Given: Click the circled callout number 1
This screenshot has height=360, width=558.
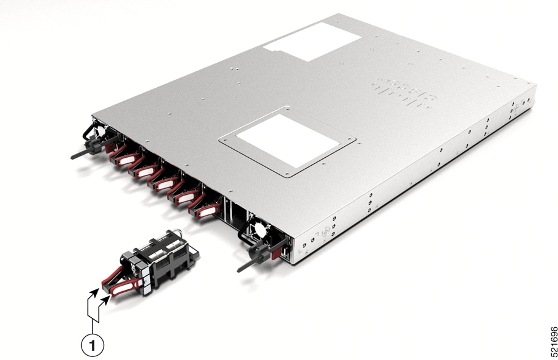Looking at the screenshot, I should point(93,345).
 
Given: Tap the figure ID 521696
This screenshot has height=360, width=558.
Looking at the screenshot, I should point(553,341).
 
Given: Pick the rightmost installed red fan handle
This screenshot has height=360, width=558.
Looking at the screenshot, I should point(207,211).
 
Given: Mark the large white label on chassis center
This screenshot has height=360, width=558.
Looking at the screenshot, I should point(286,141).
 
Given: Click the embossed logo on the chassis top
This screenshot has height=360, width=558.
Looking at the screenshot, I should point(404,91).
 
